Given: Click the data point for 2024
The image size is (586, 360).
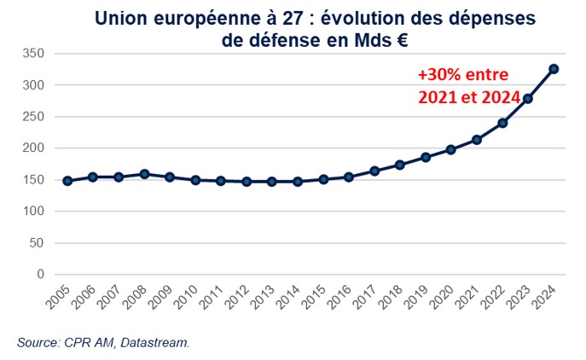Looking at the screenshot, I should [554, 68].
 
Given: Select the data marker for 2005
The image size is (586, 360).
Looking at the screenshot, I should [67, 181].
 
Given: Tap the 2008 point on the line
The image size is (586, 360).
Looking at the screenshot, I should [144, 174].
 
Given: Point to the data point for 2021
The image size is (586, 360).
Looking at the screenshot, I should [477, 139].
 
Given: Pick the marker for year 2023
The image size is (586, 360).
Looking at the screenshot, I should [528, 99].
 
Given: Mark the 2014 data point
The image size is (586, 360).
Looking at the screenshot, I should [298, 182].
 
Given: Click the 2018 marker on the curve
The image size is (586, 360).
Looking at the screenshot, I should [400, 165].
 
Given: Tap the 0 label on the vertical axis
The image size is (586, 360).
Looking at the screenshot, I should [38, 275].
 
